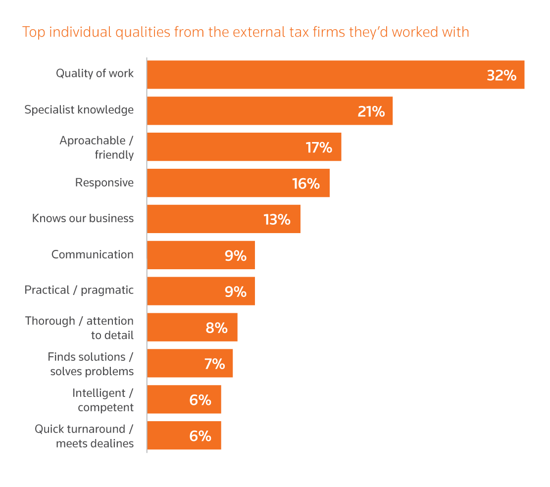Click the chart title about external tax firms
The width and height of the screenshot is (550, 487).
point(246,32)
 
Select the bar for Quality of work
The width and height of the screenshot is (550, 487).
point(317,75)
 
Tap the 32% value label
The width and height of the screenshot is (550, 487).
point(501,75)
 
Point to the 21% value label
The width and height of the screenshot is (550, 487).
point(371,111)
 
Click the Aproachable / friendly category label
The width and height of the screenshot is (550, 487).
point(97,147)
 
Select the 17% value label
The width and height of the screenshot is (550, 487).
point(318,147)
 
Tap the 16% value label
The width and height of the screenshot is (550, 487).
point(306,184)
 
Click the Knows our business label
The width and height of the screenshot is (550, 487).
point(83,218)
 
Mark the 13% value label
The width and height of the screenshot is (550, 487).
point(277,219)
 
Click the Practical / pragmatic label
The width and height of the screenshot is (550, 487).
point(79,290)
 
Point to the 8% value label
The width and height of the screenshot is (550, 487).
point(216,328)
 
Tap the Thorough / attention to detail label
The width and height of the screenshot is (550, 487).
point(79,328)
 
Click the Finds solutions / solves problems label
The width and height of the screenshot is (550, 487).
point(91,364)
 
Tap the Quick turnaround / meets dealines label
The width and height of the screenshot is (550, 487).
point(84,436)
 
